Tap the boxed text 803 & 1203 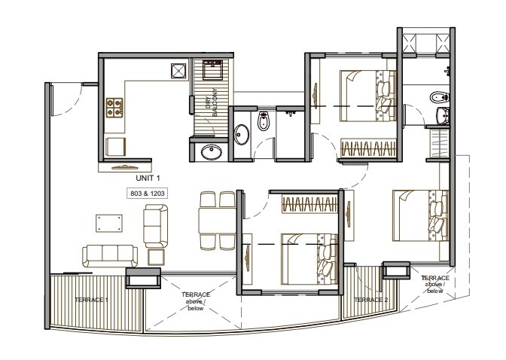click(148, 193)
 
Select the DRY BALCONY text click(212, 101)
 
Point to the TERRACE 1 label click(92, 300)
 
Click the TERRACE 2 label click(370, 300)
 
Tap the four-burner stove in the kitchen click(114, 108)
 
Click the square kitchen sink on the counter click(178, 72)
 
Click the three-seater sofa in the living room click(105, 255)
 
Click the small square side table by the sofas click(156, 256)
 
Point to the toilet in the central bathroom click(264, 122)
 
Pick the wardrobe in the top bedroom click(368, 148)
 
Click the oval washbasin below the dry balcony click(212, 153)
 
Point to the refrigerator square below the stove click(115, 145)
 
